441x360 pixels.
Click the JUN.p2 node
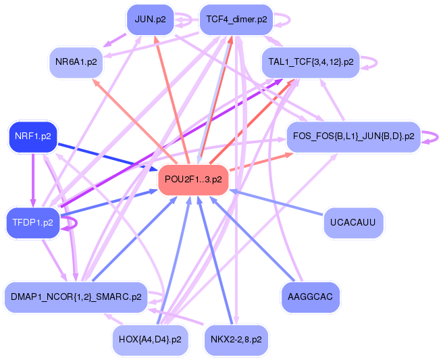pyautogui.click(x=150, y=20)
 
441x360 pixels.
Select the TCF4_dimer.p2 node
pyautogui.click(x=236, y=20)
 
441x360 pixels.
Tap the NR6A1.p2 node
pyautogui.click(x=76, y=62)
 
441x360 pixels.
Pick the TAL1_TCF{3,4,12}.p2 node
pyautogui.click(x=311, y=62)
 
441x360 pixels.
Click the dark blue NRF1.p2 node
pyautogui.click(x=33, y=136)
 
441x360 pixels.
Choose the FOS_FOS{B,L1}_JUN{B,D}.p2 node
pyautogui.click(x=353, y=136)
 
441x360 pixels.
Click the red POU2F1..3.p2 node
pyautogui.click(x=193, y=180)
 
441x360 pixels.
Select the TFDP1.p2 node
pyautogui.click(x=33, y=223)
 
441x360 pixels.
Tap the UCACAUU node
pyautogui.click(x=353, y=223)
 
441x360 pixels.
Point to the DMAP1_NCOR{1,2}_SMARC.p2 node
pyautogui.click(x=76, y=297)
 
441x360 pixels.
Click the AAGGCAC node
pyautogui.click(x=310, y=297)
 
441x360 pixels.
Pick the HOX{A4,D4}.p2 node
pyautogui.click(x=150, y=340)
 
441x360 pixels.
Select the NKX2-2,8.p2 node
pyautogui.click(x=236, y=340)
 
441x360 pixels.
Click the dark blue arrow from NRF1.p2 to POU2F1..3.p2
pyautogui.click(x=107, y=157)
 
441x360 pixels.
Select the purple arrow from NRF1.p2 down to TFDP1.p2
pyautogui.click(x=33, y=180)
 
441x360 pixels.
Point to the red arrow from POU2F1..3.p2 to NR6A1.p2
pyautogui.click(x=134, y=122)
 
